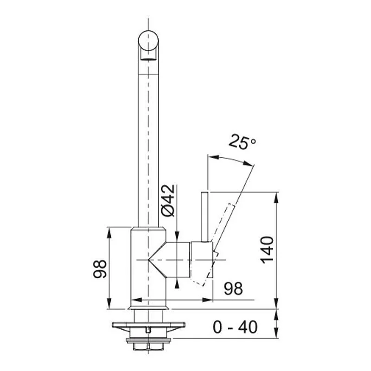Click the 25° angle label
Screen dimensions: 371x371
(242, 142)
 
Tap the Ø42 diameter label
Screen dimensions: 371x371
(168, 200)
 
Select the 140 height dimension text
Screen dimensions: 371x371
(268, 249)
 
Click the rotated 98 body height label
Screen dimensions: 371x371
(100, 269)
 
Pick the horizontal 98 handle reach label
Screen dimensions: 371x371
(233, 289)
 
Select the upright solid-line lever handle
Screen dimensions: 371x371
(205, 216)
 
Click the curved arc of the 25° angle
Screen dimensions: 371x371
(230, 159)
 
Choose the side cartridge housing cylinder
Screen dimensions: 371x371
(179, 260)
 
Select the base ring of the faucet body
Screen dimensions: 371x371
(148, 305)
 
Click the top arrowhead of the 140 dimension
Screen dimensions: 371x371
(276, 196)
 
